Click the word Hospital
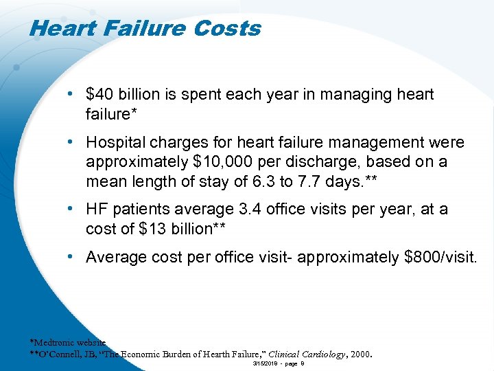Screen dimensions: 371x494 [x=112, y=143]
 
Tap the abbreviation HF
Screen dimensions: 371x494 [x=97, y=209]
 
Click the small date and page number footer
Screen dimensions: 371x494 [x=279, y=363]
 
